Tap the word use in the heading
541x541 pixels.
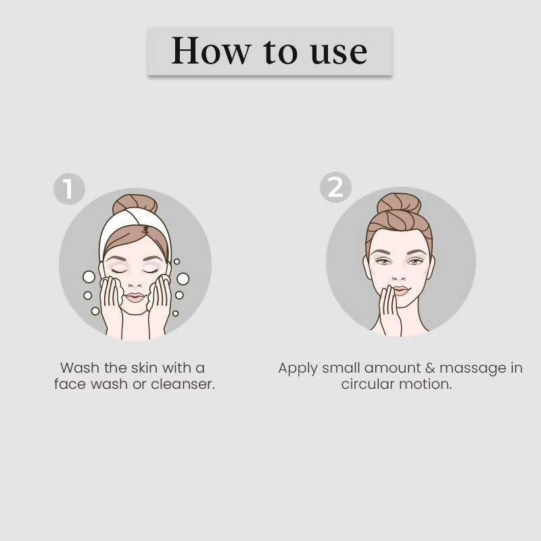(339, 51)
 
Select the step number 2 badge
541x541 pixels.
(335, 187)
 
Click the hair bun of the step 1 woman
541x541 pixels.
(135, 204)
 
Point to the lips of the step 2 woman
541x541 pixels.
(401, 290)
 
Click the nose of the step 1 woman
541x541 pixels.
(135, 280)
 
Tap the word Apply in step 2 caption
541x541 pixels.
(298, 368)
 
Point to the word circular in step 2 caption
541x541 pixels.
(371, 384)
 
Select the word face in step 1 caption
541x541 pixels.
(70, 384)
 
